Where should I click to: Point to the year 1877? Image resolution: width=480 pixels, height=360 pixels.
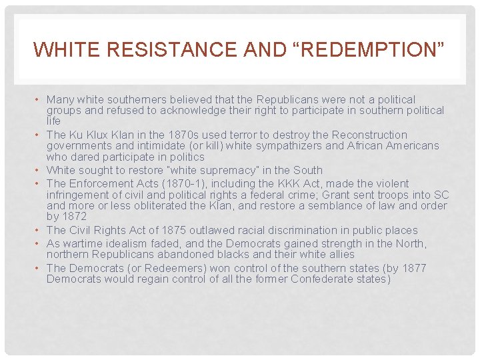[414, 268]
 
